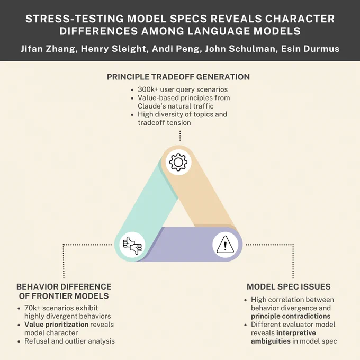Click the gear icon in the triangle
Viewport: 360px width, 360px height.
pos(178,162)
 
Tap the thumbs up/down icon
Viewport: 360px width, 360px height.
pos(132,245)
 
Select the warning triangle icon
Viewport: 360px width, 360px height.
pos(225,244)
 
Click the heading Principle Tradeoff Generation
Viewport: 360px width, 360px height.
pos(178,77)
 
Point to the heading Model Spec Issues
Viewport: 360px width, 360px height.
pos(289,287)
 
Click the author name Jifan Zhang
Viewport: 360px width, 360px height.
pos(48,49)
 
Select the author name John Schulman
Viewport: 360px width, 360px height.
pos(240,49)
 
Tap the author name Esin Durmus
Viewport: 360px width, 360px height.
pos(310,49)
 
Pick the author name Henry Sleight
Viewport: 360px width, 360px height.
pos(113,49)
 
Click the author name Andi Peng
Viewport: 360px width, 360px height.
pos(175,49)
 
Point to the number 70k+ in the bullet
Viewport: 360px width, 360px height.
pos(32,308)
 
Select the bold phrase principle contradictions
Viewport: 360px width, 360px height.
pos(291,317)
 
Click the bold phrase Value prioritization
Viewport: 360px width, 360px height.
pos(57,325)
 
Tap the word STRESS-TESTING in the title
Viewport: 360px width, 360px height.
pos(75,19)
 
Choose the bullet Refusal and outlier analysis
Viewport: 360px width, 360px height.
pos(69,341)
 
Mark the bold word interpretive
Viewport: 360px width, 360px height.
pos(296,333)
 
